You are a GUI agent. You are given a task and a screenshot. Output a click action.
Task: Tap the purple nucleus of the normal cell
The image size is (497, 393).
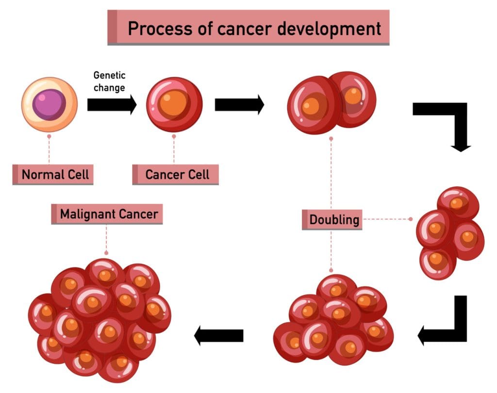click(49, 103)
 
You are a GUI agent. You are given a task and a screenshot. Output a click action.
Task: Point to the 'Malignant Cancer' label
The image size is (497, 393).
click(107, 213)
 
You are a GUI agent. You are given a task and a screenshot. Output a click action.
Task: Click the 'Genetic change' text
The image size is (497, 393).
click(109, 82)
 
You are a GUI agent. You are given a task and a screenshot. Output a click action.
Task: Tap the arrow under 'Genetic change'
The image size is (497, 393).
click(112, 105)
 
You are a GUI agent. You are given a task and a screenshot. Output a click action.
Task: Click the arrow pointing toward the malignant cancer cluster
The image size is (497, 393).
click(218, 335)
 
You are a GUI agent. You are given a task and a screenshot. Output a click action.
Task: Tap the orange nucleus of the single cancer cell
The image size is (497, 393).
click(172, 103)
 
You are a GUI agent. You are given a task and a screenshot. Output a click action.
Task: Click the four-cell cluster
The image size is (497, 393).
click(449, 233)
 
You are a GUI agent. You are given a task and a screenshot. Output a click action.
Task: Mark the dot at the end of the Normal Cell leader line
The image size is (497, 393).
click(49, 137)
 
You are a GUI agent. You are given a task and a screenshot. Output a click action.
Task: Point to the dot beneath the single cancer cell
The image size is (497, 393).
click(174, 137)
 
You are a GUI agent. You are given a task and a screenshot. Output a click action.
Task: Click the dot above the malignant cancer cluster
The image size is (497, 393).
click(106, 253)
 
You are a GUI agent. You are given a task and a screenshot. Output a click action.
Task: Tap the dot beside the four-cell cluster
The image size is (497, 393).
click(411, 219)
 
